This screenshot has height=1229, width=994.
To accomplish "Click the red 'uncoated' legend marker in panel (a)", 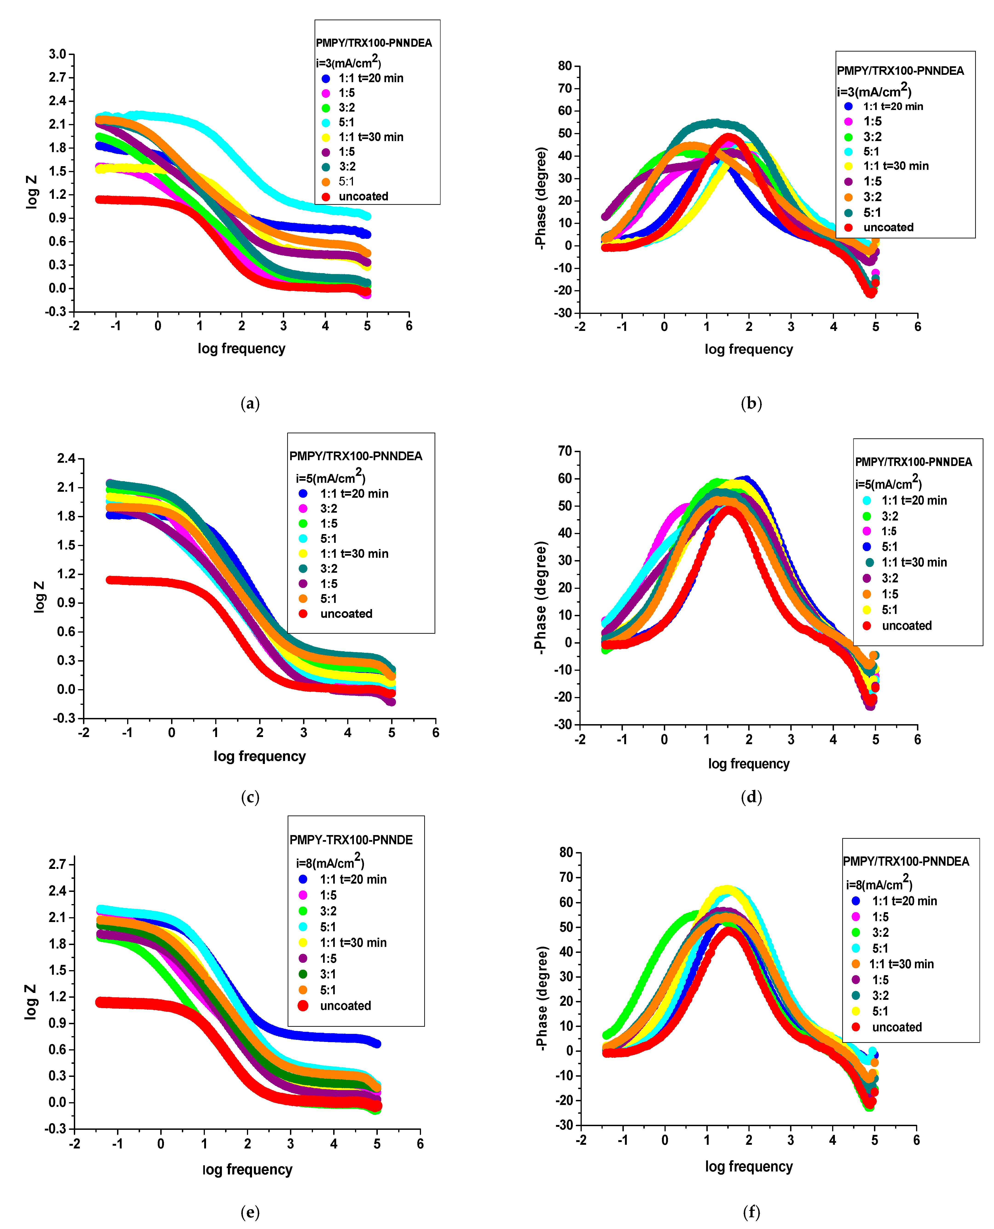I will (326, 197).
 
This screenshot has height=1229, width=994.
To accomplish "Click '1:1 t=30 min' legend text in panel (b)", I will (896, 166).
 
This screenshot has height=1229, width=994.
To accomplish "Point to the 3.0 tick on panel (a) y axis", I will (58, 55).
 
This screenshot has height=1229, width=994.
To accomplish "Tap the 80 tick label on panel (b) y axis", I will (565, 66).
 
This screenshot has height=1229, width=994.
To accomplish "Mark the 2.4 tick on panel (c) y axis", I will (66, 458).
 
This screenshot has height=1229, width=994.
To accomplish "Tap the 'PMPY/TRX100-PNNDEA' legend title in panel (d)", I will (913, 462).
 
